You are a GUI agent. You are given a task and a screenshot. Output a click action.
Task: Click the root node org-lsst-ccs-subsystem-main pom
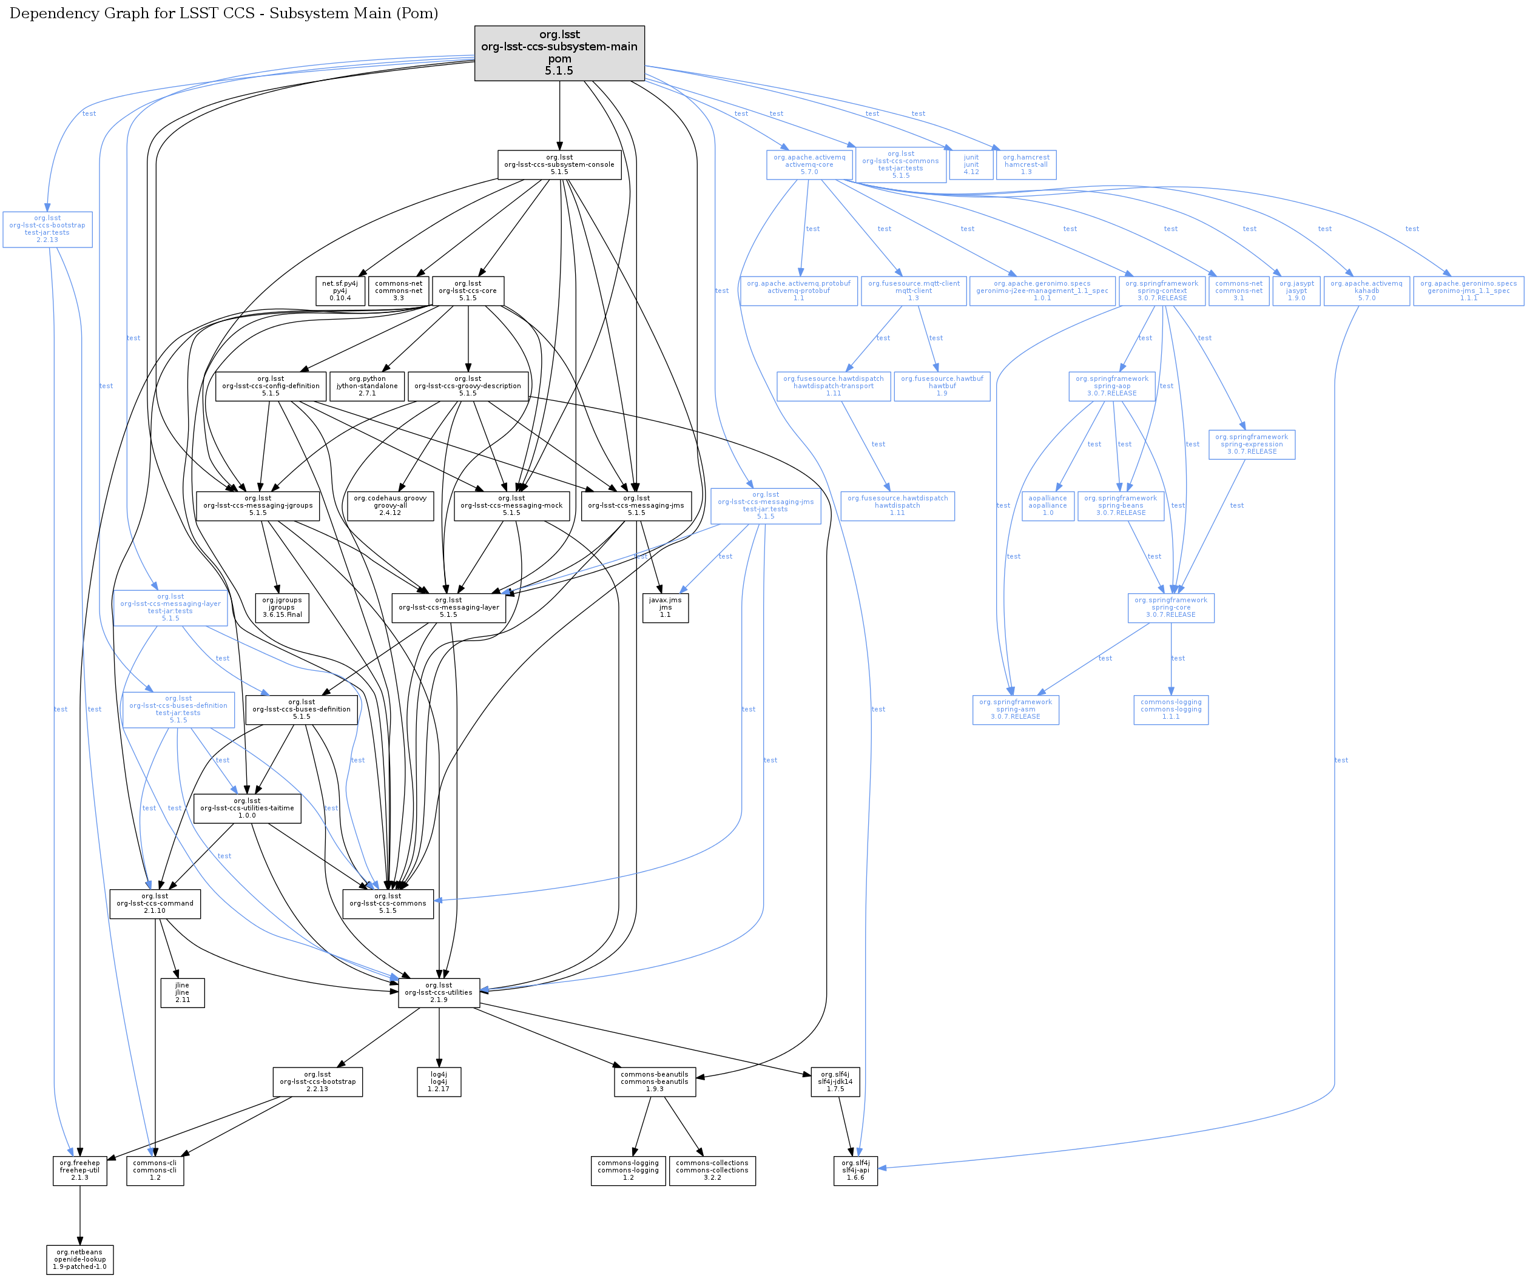(559, 53)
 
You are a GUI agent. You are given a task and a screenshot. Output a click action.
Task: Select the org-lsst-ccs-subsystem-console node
(559, 165)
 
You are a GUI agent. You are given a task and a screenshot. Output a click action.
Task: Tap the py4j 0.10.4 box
(340, 291)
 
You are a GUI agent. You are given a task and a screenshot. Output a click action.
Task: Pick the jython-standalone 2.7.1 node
(367, 386)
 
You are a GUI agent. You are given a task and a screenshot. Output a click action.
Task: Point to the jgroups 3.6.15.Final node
(281, 608)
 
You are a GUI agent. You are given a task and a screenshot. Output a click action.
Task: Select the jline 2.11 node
(183, 993)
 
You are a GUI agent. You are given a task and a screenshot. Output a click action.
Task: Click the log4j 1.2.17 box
(439, 1081)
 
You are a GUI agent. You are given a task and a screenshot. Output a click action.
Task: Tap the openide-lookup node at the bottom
(80, 1260)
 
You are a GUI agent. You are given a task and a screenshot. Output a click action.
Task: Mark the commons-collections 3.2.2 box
(712, 1171)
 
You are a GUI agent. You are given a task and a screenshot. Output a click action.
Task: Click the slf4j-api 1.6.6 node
(855, 1171)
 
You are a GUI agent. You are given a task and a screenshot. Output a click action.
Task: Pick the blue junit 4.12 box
(971, 165)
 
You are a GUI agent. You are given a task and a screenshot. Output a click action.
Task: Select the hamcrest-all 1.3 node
(1026, 165)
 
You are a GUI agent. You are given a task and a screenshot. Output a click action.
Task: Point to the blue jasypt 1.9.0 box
(1296, 291)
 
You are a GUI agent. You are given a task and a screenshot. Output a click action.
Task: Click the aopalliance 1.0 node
(1048, 506)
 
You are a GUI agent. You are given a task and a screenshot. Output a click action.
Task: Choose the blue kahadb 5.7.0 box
(1366, 291)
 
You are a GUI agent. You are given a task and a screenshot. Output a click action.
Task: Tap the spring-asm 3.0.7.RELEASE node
(1015, 710)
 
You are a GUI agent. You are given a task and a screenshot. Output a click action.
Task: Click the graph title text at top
(224, 14)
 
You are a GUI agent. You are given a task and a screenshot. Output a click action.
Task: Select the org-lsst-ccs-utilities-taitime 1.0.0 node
(248, 809)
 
